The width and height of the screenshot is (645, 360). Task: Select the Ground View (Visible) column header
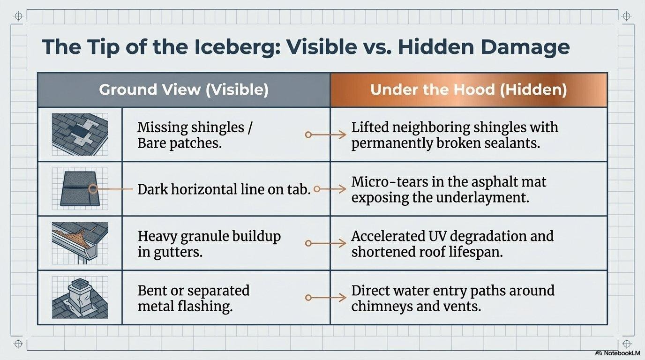[184, 90]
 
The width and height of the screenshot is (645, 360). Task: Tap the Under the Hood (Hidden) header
[468, 90]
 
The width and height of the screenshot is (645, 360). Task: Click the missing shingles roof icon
[80, 135]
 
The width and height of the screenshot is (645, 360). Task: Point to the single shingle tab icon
[80, 189]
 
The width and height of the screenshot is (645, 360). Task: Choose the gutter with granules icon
[80, 243]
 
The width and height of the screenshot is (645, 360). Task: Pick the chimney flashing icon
[80, 297]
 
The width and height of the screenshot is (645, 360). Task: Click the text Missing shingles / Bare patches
[195, 135]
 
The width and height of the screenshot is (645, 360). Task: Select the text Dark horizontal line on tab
[224, 189]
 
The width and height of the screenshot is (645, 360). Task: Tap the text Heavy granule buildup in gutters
[209, 244]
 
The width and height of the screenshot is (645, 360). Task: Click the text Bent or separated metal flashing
[194, 298]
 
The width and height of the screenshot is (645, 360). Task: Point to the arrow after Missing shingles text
[325, 135]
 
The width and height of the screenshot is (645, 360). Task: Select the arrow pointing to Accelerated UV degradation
[325, 244]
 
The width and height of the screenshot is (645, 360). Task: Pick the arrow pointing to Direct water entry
[325, 298]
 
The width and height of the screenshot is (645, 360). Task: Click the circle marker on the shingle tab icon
[93, 189]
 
